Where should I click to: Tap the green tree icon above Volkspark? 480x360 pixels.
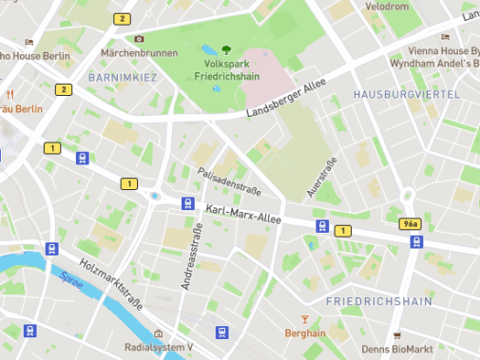click(226, 50)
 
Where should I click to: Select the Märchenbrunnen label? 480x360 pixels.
click(139, 53)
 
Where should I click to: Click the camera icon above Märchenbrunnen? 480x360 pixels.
click(139, 38)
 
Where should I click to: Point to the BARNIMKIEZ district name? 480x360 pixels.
click(123, 79)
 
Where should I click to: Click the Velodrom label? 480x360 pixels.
click(387, 6)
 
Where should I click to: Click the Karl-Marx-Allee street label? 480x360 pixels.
click(243, 216)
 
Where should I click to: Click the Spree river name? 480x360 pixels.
click(71, 281)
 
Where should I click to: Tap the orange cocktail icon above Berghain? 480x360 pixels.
click(305, 319)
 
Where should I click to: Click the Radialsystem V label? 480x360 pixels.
click(159, 348)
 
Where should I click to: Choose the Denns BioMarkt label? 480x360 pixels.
click(397, 348)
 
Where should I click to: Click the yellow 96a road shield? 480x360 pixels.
click(411, 224)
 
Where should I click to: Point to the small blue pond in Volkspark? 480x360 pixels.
click(209, 49)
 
